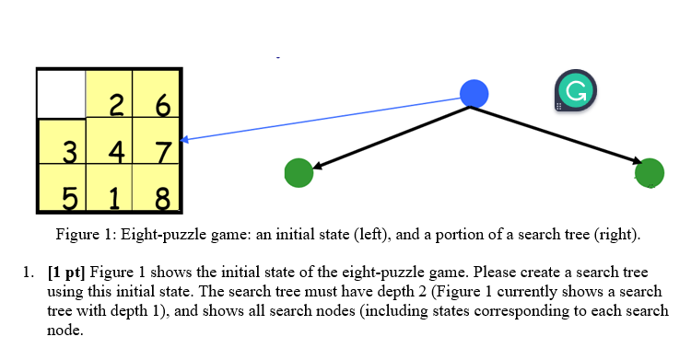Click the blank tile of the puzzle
(x=60, y=93)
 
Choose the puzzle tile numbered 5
(x=63, y=189)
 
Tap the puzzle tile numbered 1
(x=111, y=189)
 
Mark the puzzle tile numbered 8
(x=158, y=189)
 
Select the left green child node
(x=299, y=172)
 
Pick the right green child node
(x=650, y=172)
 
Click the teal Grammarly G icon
(x=575, y=93)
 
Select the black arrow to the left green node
(x=392, y=137)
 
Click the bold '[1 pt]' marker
(x=65, y=273)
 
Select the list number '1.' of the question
(x=28, y=273)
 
